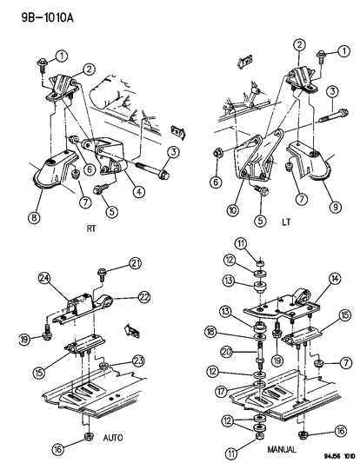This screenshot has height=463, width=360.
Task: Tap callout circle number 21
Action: pos(135,263)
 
